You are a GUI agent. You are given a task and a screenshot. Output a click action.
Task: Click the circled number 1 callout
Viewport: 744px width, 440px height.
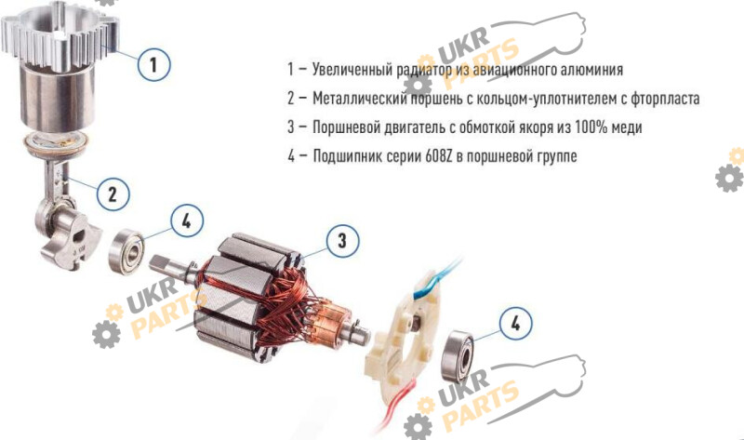[x=153, y=64]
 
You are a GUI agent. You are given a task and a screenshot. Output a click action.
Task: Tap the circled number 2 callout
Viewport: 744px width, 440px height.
[x=113, y=193]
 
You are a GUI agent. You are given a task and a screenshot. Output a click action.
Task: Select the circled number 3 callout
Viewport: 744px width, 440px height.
[x=342, y=241]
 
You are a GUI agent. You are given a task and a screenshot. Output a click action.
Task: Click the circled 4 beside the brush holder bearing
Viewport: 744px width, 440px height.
[x=516, y=323]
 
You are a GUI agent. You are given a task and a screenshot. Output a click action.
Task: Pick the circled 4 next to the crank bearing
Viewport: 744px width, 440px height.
[x=187, y=220]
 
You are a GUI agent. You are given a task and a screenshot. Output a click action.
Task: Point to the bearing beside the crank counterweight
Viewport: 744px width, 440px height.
[x=126, y=251]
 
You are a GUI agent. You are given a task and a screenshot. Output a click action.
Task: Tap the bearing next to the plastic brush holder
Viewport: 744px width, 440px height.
[x=458, y=356]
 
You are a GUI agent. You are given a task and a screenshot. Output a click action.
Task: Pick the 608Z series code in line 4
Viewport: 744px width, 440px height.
[x=441, y=155]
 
